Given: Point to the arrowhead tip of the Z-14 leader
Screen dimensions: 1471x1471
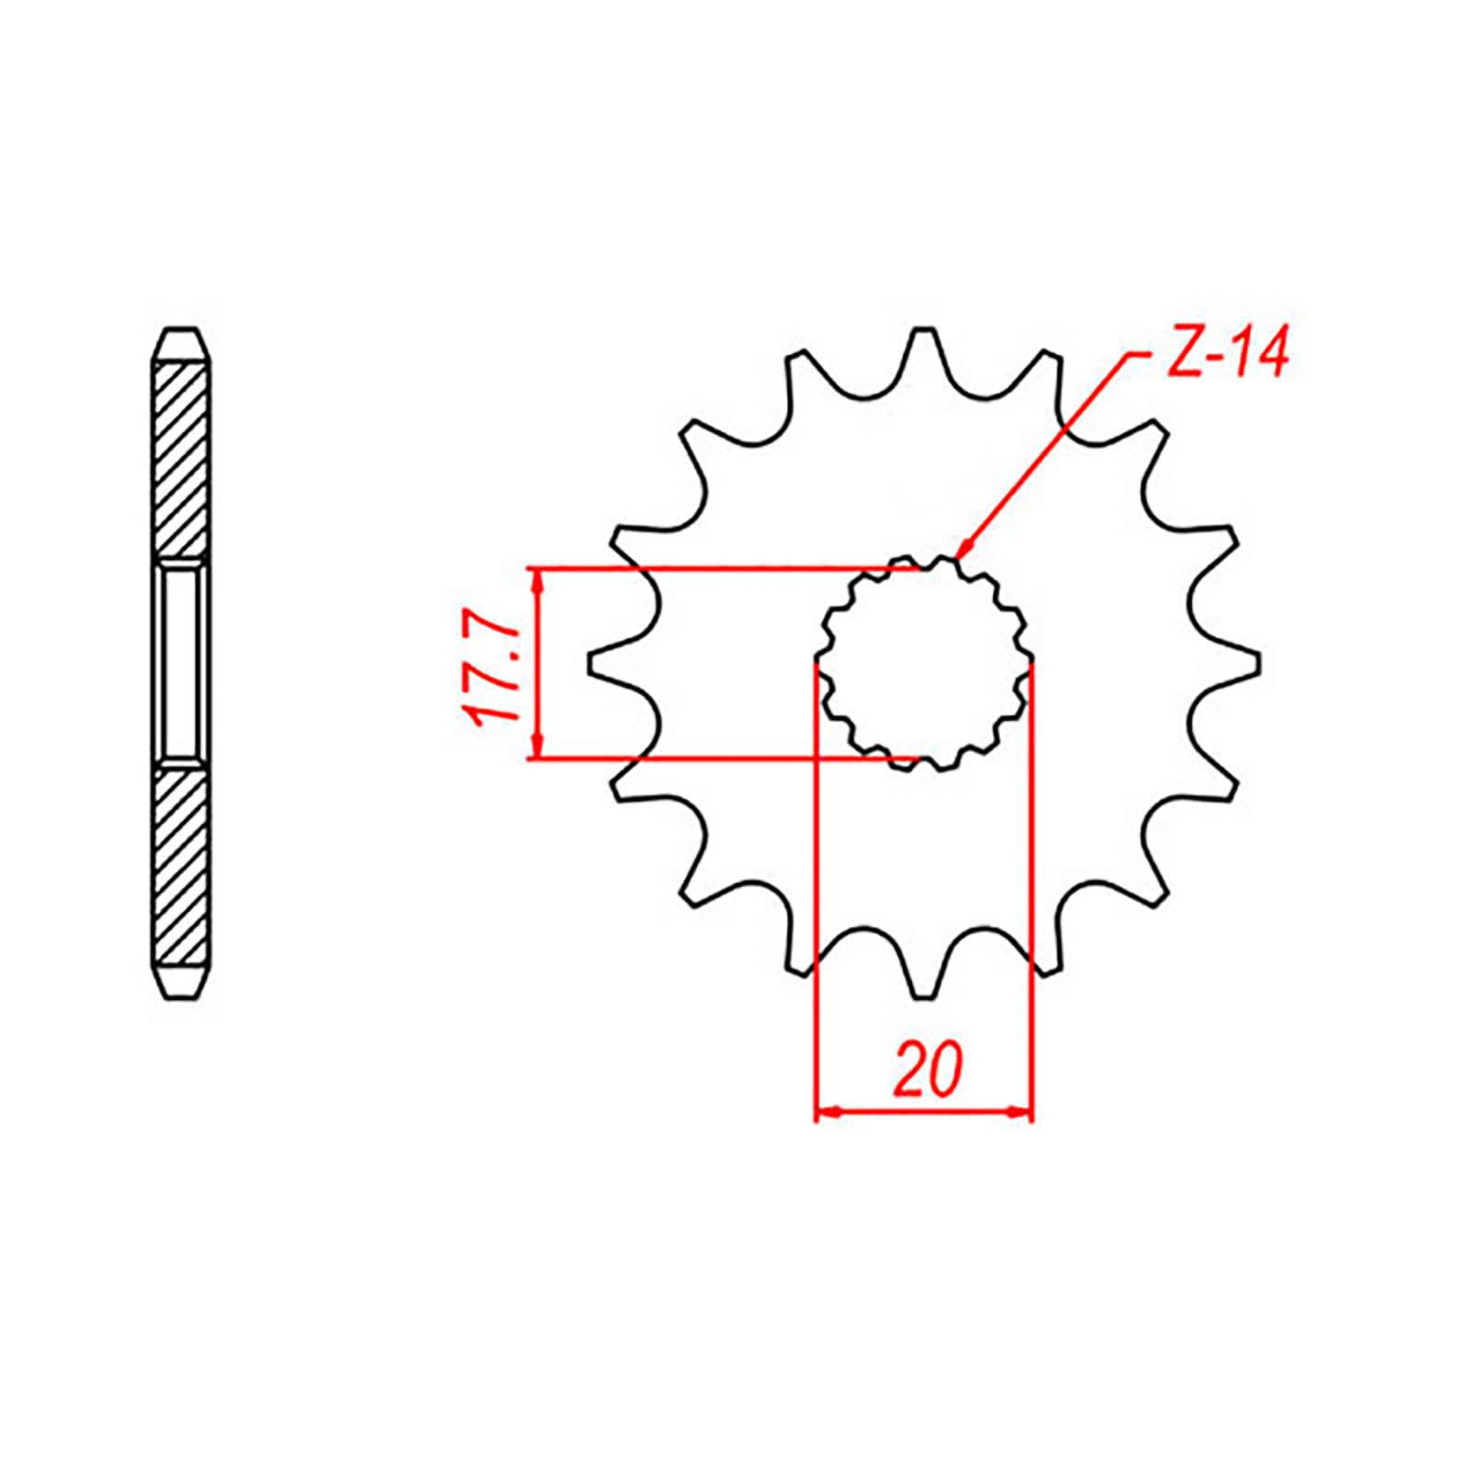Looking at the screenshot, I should (x=958, y=556).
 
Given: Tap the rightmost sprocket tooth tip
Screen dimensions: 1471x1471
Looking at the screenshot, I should (x=1258, y=663).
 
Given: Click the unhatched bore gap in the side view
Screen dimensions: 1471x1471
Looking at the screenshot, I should (x=181, y=663).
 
